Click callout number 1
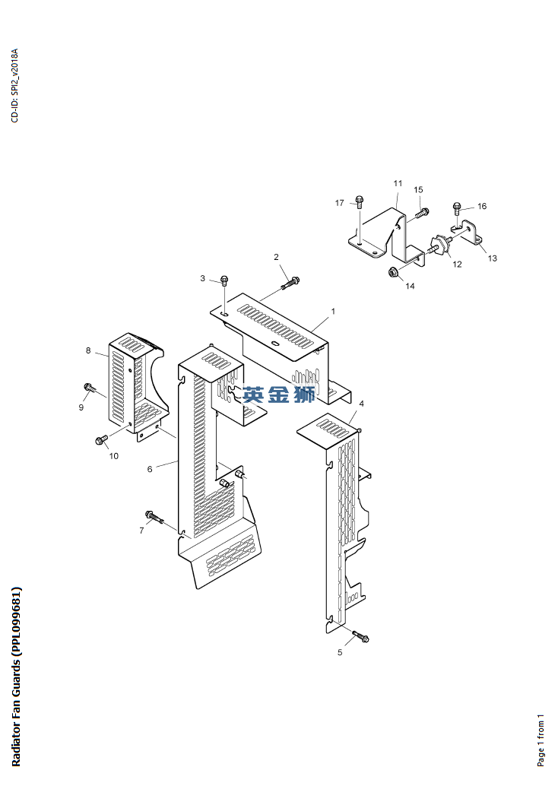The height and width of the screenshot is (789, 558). coord(332,312)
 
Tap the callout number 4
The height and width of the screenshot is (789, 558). coord(361,404)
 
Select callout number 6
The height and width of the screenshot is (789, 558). coord(150,469)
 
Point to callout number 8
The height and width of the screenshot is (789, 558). coord(88,350)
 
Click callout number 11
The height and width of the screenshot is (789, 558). coord(398,184)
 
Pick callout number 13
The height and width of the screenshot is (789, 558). coord(492,258)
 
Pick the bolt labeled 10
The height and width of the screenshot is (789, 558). coord(100,440)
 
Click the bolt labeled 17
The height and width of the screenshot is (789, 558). coord(360,203)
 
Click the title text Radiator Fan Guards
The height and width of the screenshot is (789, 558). coord(17,677)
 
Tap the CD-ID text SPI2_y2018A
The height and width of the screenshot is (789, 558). coord(14,85)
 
